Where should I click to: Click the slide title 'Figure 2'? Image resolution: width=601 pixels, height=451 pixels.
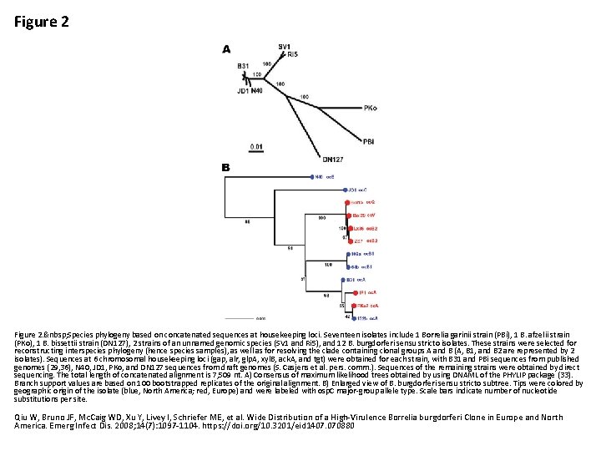42,22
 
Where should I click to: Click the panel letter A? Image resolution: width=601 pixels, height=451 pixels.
226,49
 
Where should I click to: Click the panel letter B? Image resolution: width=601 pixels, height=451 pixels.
225,167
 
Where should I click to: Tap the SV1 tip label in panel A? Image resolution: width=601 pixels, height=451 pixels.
285,46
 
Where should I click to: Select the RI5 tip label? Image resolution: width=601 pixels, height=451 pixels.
292,54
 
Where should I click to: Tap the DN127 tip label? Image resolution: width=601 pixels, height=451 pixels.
332,159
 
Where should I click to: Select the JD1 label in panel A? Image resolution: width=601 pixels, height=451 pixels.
244,90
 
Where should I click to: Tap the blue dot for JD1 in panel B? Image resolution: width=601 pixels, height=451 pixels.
344,190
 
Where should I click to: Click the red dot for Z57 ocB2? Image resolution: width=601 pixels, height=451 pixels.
351,241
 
